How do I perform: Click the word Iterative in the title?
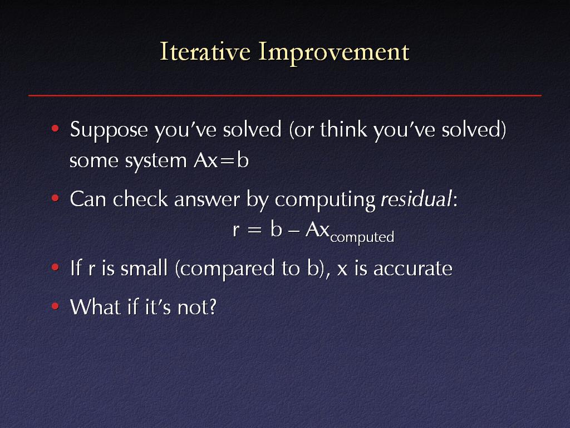pos(205,51)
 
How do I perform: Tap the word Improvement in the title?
pos(334,53)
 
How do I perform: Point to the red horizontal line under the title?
pos(285,95)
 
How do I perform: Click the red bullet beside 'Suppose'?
pos(55,129)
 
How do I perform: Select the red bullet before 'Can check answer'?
pos(55,198)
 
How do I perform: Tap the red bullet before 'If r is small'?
pos(55,267)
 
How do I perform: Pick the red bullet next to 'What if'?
pos(55,306)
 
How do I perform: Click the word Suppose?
pos(109,130)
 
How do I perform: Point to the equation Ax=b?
pos(222,160)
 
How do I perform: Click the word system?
pos(156,162)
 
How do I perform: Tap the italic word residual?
pos(416,199)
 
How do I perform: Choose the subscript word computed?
pos(362,238)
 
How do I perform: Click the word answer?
pos(207,201)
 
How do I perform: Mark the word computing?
pos(325,201)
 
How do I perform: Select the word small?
pos(144,268)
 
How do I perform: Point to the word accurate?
pos(413,269)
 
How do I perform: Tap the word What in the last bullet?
pos(95,307)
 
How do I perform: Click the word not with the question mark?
pos(196,307)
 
